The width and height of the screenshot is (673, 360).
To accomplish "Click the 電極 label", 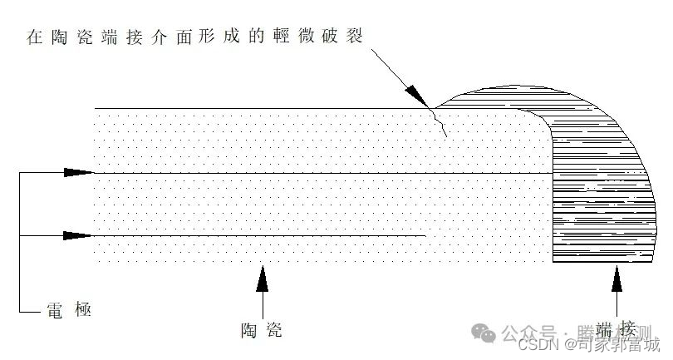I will point(66,311).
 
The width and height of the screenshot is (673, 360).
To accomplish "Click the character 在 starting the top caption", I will point(34,38).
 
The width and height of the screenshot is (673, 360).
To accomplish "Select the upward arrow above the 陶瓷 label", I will point(263,278).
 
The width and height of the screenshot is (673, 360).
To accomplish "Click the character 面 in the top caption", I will point(171,38).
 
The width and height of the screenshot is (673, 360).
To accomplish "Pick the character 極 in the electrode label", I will point(81,311).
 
